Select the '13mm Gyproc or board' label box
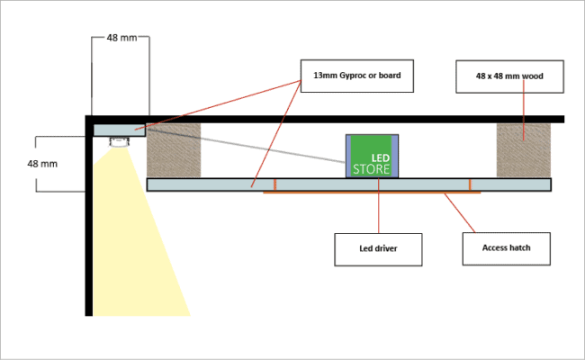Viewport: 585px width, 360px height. point(357,76)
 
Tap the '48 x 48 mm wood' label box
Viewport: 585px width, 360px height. point(510,76)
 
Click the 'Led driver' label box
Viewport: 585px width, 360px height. point(378,249)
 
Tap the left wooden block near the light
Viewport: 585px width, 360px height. point(175,149)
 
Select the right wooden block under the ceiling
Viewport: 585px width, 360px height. point(523,149)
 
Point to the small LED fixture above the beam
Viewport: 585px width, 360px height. point(119,141)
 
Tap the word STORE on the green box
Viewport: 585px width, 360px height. point(372,168)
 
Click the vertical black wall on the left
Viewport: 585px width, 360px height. point(89,225)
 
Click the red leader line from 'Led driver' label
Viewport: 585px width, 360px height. point(378,211)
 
